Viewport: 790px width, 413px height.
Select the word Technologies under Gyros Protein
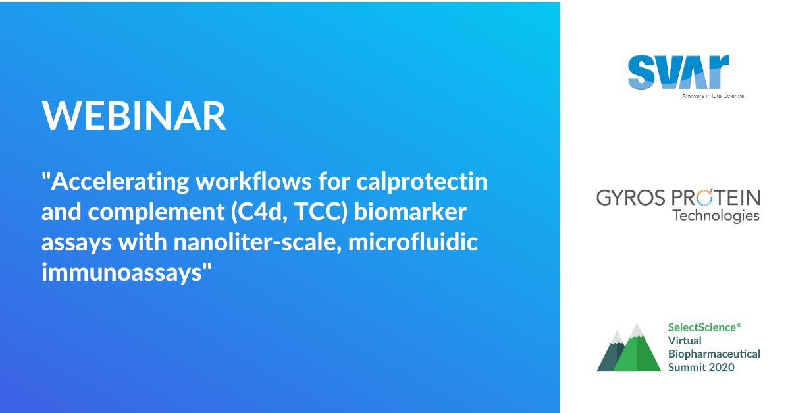pyautogui.click(x=716, y=215)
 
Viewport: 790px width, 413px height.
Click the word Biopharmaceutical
pyautogui.click(x=714, y=354)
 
